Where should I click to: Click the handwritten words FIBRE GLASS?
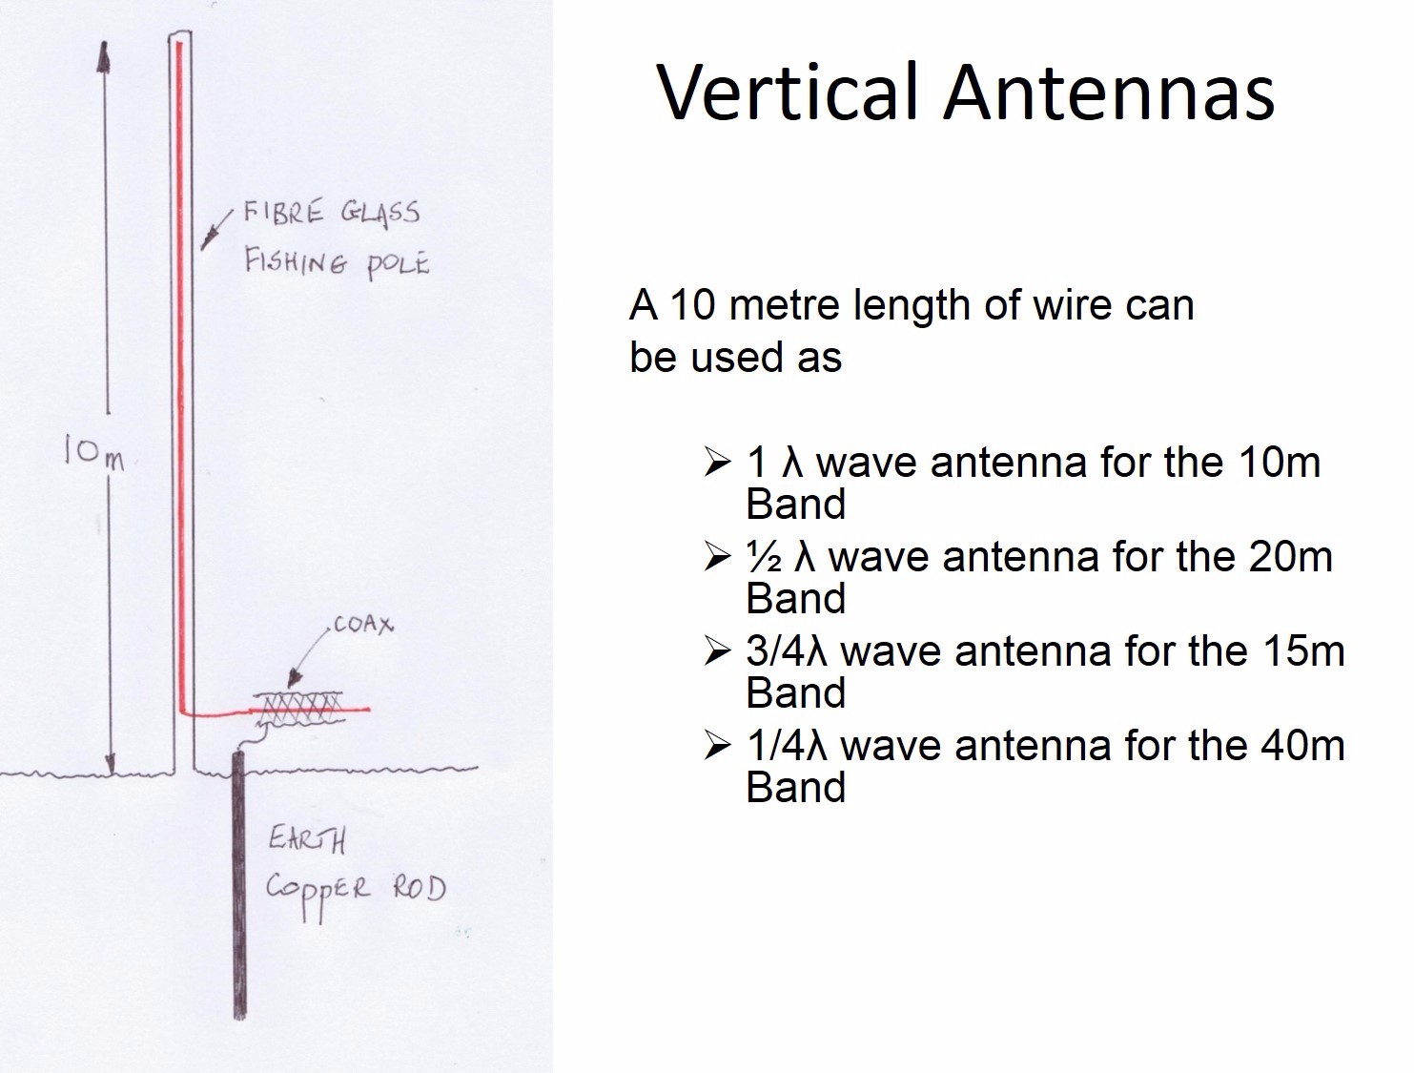coord(331,212)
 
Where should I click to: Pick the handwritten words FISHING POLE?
coord(336,260)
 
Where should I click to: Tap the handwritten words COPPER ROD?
coord(355,891)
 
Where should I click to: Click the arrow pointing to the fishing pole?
coord(215,230)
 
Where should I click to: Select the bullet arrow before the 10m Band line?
coord(717,464)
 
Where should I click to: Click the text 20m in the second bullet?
coord(1291,557)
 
